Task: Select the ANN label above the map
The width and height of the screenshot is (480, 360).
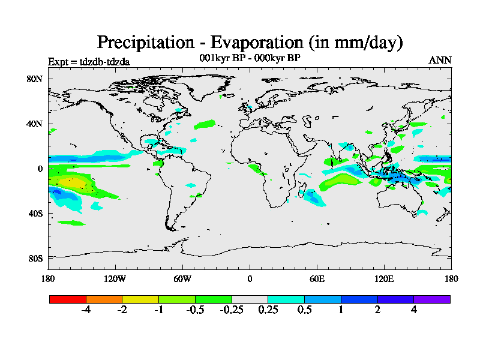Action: point(440,61)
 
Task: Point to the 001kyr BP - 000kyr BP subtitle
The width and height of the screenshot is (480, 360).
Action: point(249,58)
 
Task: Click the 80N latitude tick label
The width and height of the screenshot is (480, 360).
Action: point(34,79)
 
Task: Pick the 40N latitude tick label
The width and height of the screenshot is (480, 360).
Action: point(34,124)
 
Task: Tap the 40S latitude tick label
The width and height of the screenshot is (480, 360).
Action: point(34,214)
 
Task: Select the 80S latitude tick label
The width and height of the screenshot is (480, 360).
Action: point(34,259)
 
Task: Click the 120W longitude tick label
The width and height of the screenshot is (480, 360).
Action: point(115,279)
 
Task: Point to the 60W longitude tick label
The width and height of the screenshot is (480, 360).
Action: point(182,279)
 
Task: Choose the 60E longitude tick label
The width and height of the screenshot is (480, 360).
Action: point(317,279)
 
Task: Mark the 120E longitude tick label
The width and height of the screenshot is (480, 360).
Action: point(384,279)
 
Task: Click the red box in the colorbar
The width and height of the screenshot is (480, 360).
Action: point(68,299)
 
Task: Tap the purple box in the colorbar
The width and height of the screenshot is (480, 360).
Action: point(432,299)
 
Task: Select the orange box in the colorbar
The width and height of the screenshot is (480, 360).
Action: point(104,299)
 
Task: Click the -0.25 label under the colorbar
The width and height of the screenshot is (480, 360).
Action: point(232,310)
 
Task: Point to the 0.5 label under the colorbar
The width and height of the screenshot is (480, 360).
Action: point(305,310)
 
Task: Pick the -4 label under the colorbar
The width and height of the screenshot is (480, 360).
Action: point(86,310)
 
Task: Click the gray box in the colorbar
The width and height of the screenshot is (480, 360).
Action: point(250,299)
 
